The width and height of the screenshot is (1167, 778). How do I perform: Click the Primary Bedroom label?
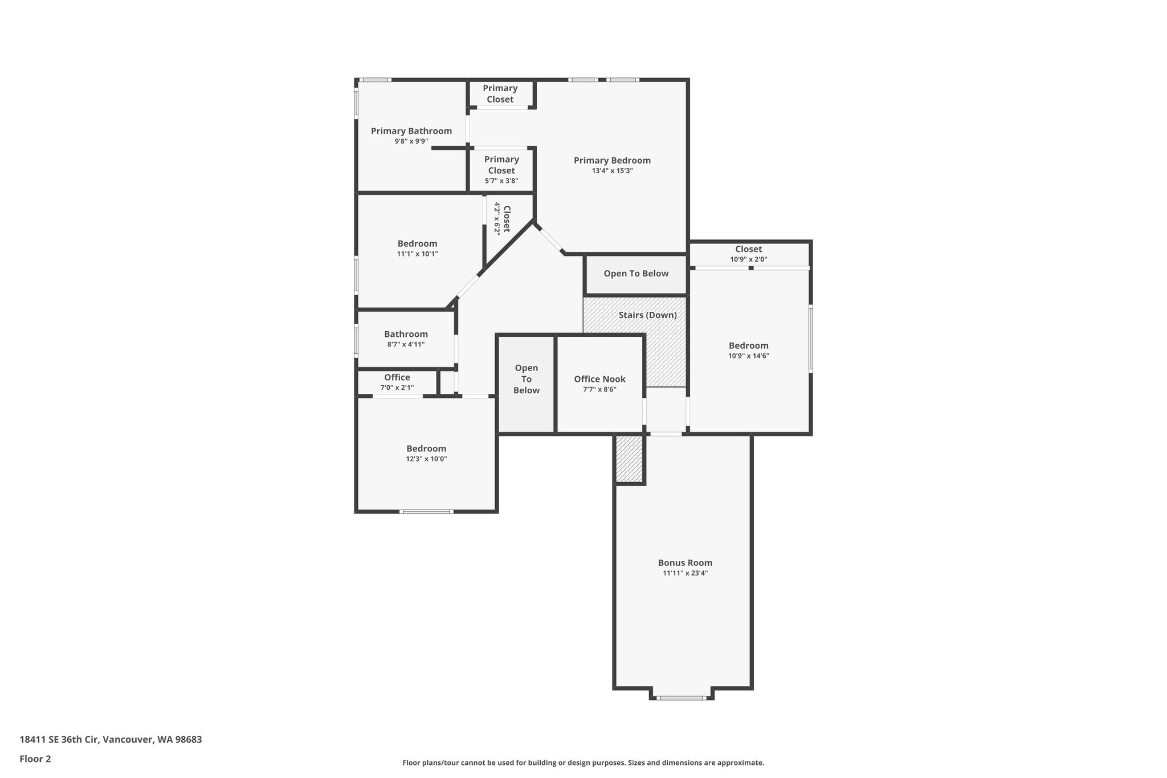click(x=612, y=161)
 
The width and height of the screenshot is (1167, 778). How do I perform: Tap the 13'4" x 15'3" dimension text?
click(x=612, y=171)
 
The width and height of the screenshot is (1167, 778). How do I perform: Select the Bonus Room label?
click(x=685, y=563)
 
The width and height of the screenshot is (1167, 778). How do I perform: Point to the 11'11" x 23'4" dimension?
click(x=685, y=573)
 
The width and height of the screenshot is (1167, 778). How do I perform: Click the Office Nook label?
click(x=599, y=380)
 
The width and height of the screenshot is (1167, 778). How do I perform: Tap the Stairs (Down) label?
click(x=647, y=315)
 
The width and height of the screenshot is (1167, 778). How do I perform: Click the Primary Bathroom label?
click(x=411, y=131)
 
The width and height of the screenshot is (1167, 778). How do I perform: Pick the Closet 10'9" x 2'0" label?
click(x=748, y=249)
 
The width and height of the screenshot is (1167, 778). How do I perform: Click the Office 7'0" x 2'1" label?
click(x=397, y=377)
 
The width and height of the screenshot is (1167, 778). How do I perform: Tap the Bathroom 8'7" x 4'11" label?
click(x=406, y=335)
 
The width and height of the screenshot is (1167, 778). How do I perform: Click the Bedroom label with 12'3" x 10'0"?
click(x=426, y=449)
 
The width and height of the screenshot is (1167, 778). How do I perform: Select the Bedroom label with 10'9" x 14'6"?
click(x=748, y=346)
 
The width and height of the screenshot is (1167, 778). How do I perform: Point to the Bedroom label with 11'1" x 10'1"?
click(x=417, y=244)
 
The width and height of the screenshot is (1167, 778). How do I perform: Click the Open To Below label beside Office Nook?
click(x=526, y=379)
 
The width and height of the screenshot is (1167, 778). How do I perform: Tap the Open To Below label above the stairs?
click(x=636, y=274)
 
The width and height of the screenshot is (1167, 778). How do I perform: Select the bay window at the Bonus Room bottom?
click(x=682, y=696)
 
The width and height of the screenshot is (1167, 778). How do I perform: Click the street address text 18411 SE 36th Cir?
click(x=111, y=740)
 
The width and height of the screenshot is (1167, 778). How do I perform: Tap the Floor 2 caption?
click(x=35, y=759)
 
